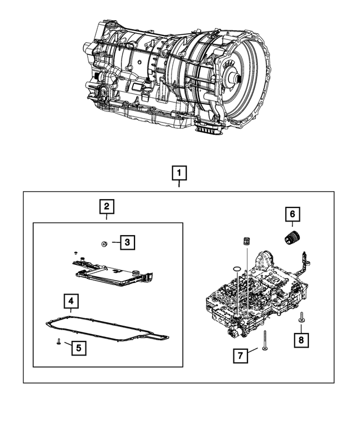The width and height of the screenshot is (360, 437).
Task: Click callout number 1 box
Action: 180,172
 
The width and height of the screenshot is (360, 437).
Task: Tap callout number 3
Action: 128,242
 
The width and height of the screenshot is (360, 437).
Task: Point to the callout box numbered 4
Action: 71,302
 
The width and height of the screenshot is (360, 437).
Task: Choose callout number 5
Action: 78,348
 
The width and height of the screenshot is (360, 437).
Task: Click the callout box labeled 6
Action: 292,214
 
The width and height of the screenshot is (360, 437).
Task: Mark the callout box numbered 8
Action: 301,339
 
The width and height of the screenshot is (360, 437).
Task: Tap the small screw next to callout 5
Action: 58,341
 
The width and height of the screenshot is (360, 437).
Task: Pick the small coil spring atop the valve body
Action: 245,242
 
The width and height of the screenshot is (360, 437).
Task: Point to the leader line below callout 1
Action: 180,185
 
